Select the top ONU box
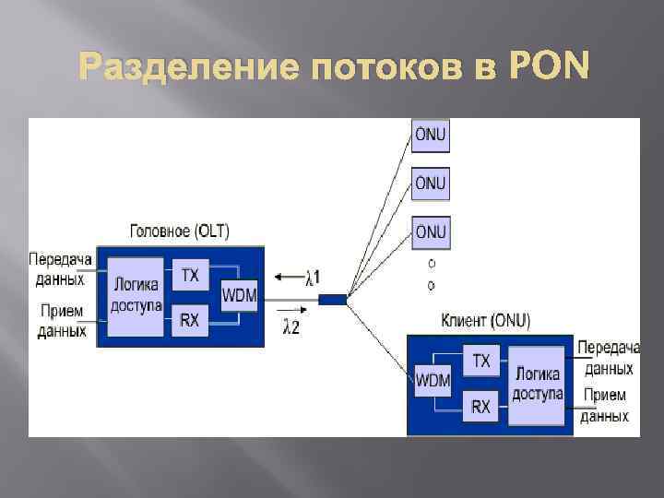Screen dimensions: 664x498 pyautogui.click(x=430, y=135)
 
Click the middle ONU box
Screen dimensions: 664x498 pyautogui.click(x=430, y=183)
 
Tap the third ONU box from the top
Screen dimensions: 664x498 pyautogui.click(x=430, y=231)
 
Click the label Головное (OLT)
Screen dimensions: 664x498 pyautogui.click(x=181, y=231)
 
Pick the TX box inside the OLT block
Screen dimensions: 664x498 pyautogui.click(x=190, y=275)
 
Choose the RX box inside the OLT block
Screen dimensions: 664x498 pyautogui.click(x=190, y=319)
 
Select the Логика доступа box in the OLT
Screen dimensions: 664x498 pyautogui.click(x=136, y=296)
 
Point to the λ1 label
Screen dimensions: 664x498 pyautogui.click(x=313, y=276)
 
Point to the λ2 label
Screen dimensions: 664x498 pyautogui.click(x=291, y=326)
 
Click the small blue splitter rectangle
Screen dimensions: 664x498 pyautogui.click(x=333, y=299)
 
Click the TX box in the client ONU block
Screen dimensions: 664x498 pyautogui.click(x=481, y=361)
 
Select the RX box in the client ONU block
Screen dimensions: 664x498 pyautogui.click(x=481, y=405)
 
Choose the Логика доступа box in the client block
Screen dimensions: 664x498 pyautogui.click(x=539, y=384)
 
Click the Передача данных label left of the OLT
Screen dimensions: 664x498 pyautogui.click(x=61, y=269)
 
